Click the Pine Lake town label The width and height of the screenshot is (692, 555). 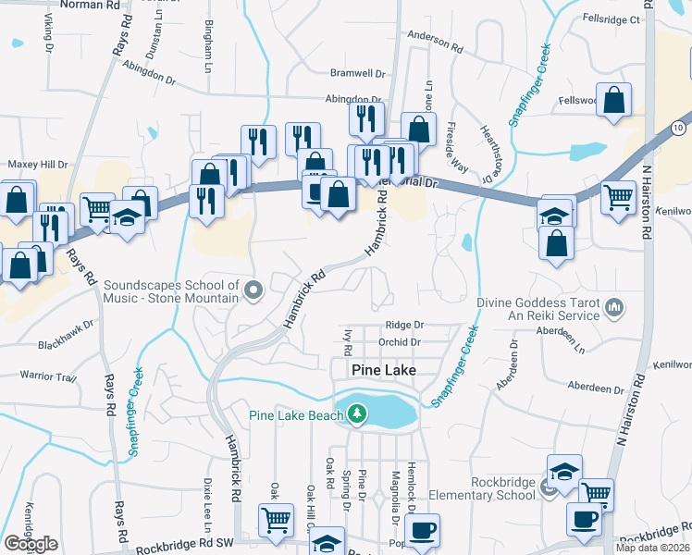coord(384,369)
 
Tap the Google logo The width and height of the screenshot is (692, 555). coord(31,544)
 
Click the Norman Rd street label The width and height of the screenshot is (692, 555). coord(89,5)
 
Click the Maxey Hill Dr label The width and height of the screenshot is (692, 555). coord(38,165)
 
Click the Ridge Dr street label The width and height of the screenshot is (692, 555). coord(404,325)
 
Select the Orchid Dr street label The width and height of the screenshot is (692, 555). coord(401,341)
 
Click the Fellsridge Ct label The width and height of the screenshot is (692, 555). coord(612,18)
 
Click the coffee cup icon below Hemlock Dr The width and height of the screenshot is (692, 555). coord(422,531)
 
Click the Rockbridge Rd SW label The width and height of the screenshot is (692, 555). coord(183,549)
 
